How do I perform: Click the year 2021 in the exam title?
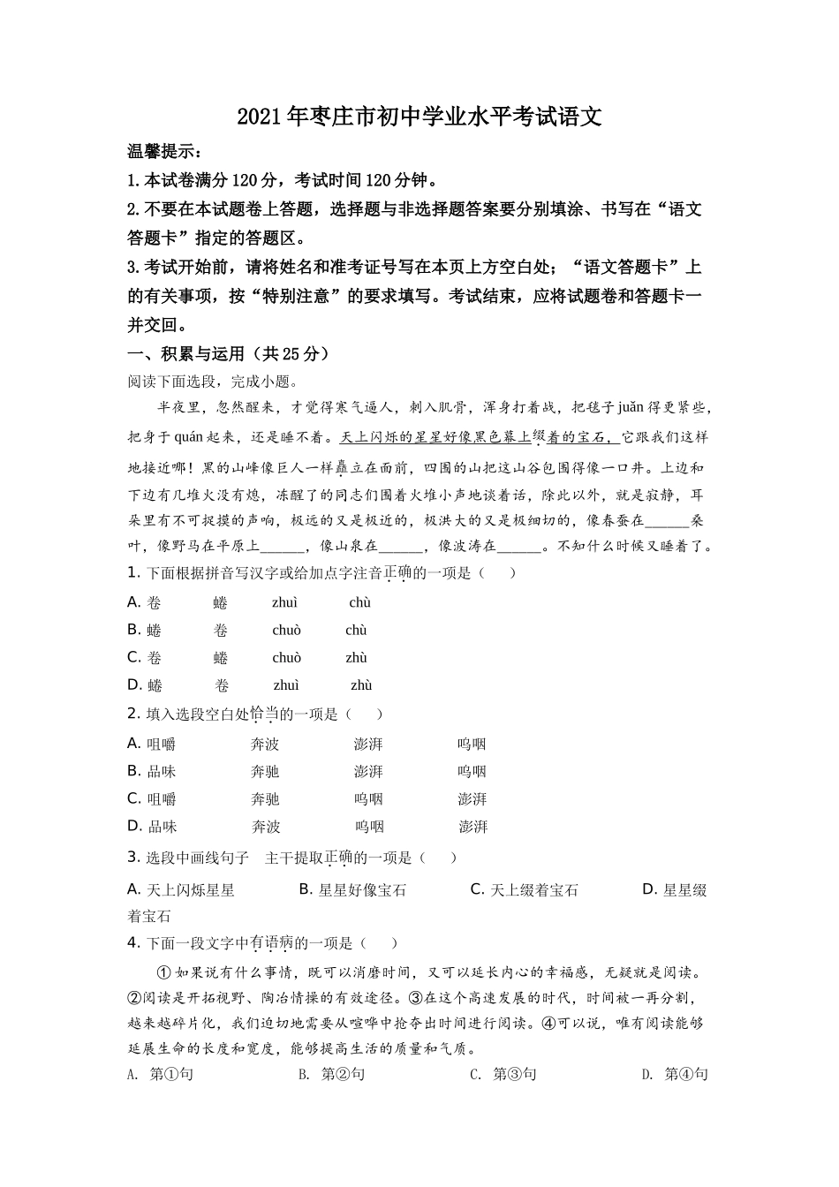pos(258,117)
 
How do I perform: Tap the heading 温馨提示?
pos(164,151)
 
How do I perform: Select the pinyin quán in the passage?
pos(183,437)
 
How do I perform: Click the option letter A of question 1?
pos(134,602)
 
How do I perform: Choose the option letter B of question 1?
pos(134,630)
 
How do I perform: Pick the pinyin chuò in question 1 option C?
pos(286,657)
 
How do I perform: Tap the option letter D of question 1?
pos(134,684)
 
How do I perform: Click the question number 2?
pos(134,714)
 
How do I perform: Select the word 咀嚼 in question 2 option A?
pos(162,744)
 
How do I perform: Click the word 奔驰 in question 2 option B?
pos(265,771)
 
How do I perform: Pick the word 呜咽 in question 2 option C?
pos(368,798)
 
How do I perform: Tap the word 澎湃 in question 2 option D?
pos(473,827)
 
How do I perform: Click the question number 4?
pos(134,942)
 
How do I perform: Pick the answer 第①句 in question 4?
pos(171,1074)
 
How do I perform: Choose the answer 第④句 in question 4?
pos(686,1074)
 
